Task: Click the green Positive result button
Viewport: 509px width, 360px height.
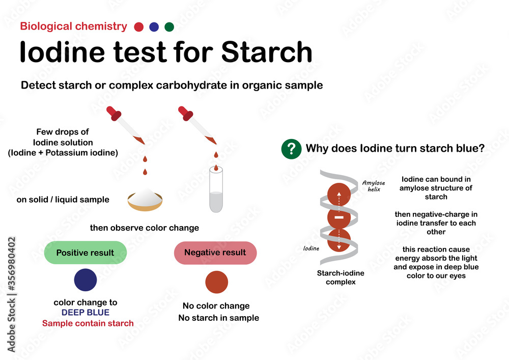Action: click(x=85, y=253)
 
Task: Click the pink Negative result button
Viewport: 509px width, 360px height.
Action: click(x=215, y=253)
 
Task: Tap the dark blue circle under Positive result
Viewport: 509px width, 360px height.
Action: click(x=85, y=280)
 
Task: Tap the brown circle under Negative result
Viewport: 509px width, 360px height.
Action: click(x=216, y=282)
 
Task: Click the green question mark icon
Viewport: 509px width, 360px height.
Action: click(x=291, y=149)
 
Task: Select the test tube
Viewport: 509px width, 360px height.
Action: click(x=216, y=191)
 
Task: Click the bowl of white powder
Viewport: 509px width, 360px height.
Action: click(x=145, y=200)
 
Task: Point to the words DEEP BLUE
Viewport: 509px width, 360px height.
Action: click(x=85, y=313)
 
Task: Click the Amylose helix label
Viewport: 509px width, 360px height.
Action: click(x=374, y=186)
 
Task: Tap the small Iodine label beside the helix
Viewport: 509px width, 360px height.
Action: click(x=311, y=248)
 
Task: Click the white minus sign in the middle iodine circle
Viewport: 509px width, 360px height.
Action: click(x=339, y=217)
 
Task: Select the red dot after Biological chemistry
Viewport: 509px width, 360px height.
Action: click(x=138, y=27)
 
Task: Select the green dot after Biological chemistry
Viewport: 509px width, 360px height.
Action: click(x=169, y=27)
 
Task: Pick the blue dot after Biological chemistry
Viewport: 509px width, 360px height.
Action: click(x=154, y=27)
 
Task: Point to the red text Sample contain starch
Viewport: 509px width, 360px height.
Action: click(x=88, y=323)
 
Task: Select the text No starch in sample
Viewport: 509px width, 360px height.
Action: click(x=218, y=318)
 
